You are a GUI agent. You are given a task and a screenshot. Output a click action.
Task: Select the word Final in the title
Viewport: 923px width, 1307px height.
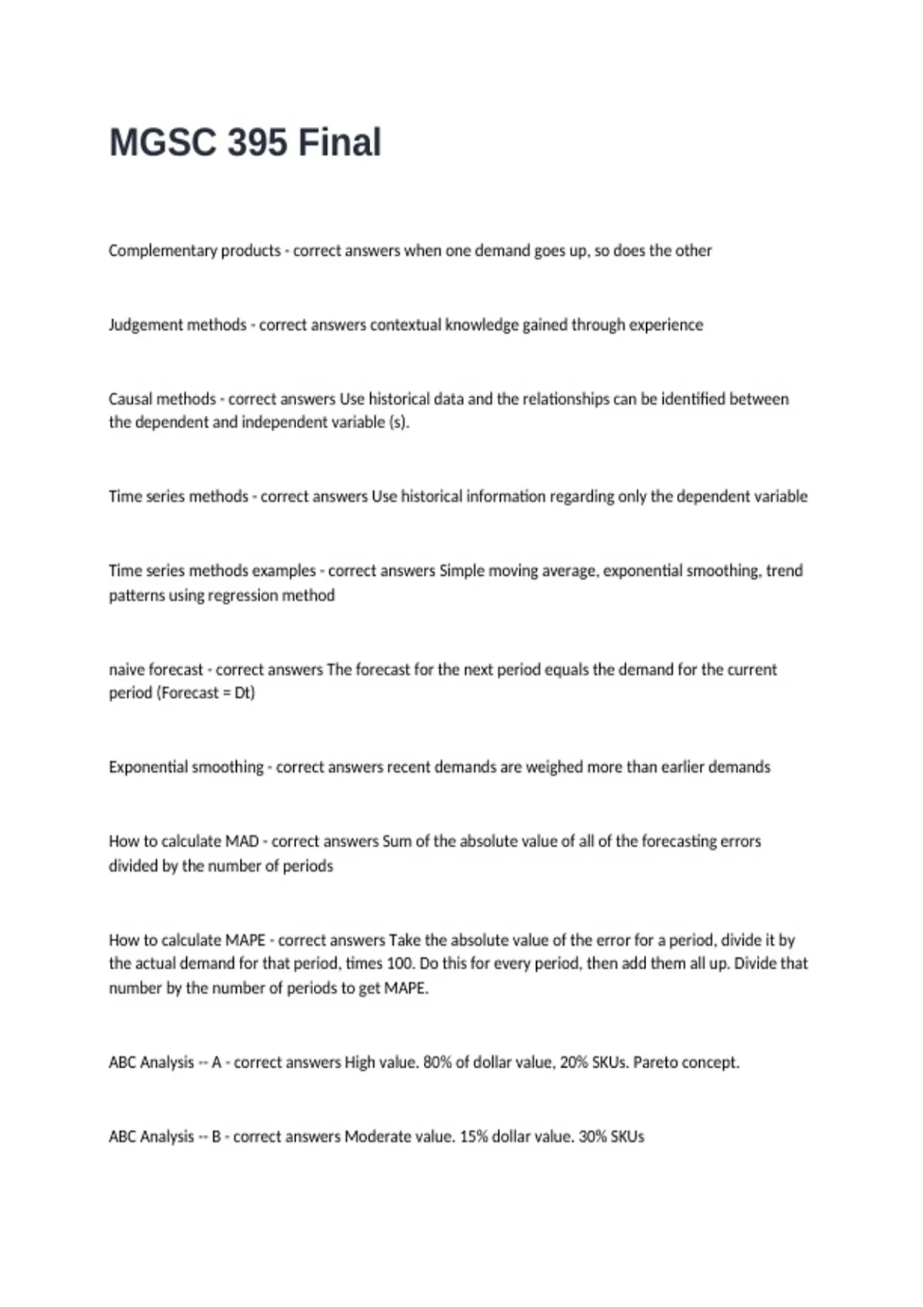coord(339,143)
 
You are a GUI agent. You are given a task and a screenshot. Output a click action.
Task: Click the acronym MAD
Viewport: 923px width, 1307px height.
coord(242,841)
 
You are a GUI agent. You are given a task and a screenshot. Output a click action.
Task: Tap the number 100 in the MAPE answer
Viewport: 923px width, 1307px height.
coord(401,963)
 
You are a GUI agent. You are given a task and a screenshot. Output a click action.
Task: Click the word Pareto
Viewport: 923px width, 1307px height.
coord(655,1063)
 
